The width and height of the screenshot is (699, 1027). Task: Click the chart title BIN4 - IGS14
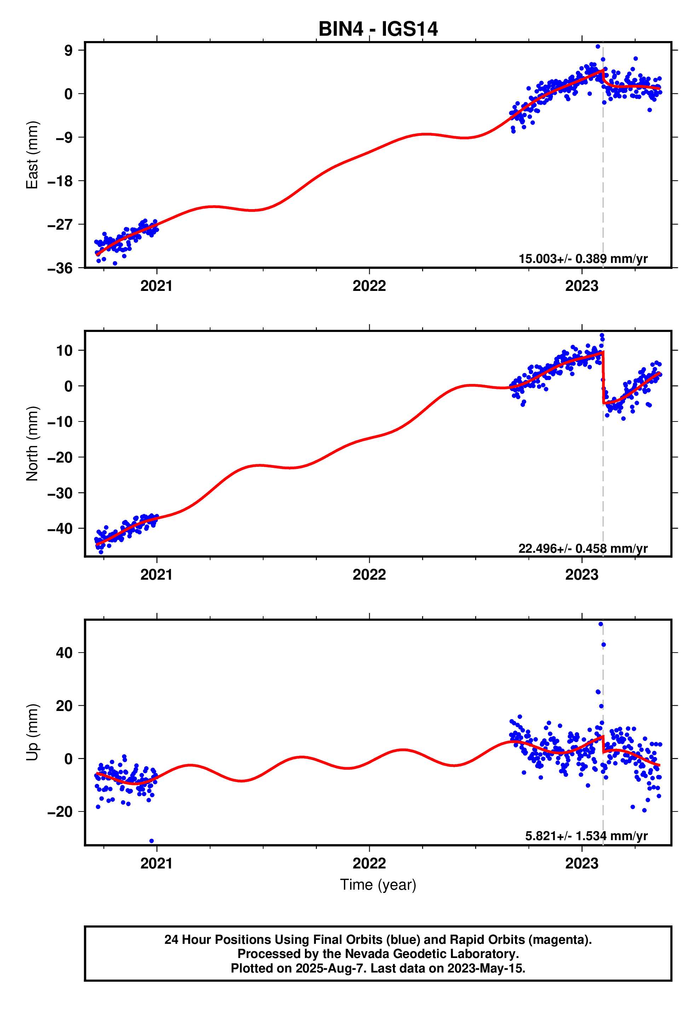378,29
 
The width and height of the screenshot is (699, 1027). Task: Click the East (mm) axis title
32,155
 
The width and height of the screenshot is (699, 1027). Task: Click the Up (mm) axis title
32,732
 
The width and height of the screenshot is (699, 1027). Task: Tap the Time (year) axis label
378,885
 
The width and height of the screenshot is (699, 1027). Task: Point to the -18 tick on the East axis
60,181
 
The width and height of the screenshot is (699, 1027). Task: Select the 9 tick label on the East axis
68,50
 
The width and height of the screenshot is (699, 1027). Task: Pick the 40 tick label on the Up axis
64,653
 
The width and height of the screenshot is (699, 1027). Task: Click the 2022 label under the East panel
369,286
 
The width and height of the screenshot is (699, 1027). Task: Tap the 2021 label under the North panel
156,575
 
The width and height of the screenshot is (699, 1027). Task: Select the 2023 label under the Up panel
582,864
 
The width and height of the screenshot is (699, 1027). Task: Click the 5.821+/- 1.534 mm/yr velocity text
586,836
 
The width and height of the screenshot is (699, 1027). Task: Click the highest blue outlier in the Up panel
600,624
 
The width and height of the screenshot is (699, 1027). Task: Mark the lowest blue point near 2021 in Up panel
151,841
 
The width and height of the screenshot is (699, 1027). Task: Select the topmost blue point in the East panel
597,46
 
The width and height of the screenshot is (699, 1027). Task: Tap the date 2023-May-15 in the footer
486,969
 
